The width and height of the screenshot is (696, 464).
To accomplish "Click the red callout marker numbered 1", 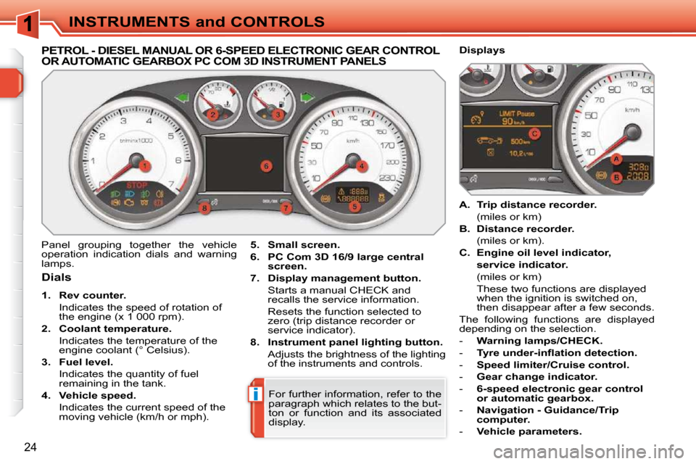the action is [145, 166].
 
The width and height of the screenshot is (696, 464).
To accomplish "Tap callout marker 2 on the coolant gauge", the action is [213, 115].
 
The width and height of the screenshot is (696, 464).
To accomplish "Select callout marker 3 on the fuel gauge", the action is [278, 115].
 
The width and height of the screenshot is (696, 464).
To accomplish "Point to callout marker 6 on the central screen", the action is [266, 167].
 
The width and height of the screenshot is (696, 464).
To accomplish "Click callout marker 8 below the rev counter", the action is [204, 208].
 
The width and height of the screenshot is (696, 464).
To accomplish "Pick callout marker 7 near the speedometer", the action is [286, 208].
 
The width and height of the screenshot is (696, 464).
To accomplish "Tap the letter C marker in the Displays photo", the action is [534, 133].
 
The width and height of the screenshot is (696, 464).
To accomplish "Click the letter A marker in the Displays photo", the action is [616, 159].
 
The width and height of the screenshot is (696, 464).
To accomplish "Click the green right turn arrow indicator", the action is [307, 97].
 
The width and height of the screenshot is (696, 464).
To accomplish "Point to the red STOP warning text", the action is [137, 185].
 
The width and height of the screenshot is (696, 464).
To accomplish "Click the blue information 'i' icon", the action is [255, 394].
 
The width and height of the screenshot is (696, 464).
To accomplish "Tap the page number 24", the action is [30, 447].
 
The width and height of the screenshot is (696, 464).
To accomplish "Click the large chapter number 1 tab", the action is [28, 23].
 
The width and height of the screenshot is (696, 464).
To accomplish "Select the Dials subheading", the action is [57, 278].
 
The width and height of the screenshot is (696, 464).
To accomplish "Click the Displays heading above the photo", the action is [482, 50].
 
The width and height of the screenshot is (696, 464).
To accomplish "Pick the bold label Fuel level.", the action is [86, 362].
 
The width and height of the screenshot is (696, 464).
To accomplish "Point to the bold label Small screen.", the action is [304, 244].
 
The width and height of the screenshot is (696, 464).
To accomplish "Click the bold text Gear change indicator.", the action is [537, 376].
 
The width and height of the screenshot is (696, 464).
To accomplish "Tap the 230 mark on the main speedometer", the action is [387, 178].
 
